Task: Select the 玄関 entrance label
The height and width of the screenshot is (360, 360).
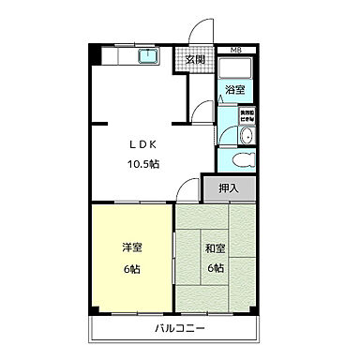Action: pyautogui.click(x=196, y=61)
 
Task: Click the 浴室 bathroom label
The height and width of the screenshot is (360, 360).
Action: pyautogui.click(x=234, y=90)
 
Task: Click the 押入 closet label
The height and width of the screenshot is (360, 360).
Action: pyautogui.click(x=228, y=188)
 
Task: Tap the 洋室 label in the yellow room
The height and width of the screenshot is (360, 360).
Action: pyautogui.click(x=131, y=248)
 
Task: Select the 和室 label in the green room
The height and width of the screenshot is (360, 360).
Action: pyautogui.click(x=216, y=248)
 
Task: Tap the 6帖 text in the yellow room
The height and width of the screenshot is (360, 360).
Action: pyautogui.click(x=131, y=267)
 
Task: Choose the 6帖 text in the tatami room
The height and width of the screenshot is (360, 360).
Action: pyautogui.click(x=216, y=267)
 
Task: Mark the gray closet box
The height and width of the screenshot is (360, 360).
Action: pyautogui.click(x=228, y=188)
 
